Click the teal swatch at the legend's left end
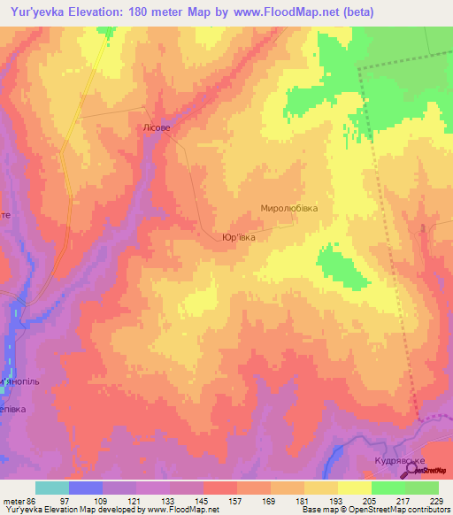52,488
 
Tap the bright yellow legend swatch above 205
355,488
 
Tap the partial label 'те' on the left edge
5,215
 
